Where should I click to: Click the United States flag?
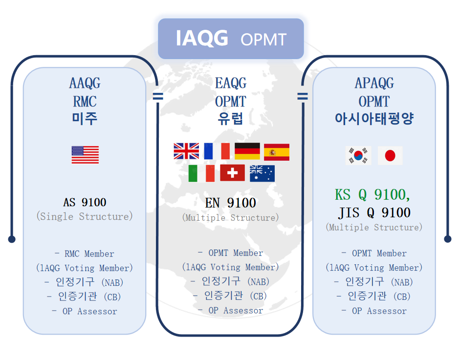point(85,155)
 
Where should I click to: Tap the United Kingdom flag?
point(186,151)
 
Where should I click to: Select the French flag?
point(217,151)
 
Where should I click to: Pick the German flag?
point(247,151)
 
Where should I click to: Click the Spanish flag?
point(277,152)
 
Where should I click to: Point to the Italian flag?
point(201,173)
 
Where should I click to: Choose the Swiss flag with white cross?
point(232,172)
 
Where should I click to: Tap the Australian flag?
point(262,173)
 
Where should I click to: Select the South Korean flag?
point(358,156)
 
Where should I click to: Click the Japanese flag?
point(390,156)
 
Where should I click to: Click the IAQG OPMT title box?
point(231,39)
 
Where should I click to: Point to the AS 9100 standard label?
point(85,202)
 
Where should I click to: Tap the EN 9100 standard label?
point(230,203)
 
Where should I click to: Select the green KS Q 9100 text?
point(372,194)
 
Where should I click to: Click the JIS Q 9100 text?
point(374,212)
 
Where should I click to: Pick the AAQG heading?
point(85,83)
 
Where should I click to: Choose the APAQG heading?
point(374,83)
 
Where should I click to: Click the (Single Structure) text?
point(85,216)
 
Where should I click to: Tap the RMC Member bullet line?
point(85,254)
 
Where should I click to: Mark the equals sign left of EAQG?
point(158,96)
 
